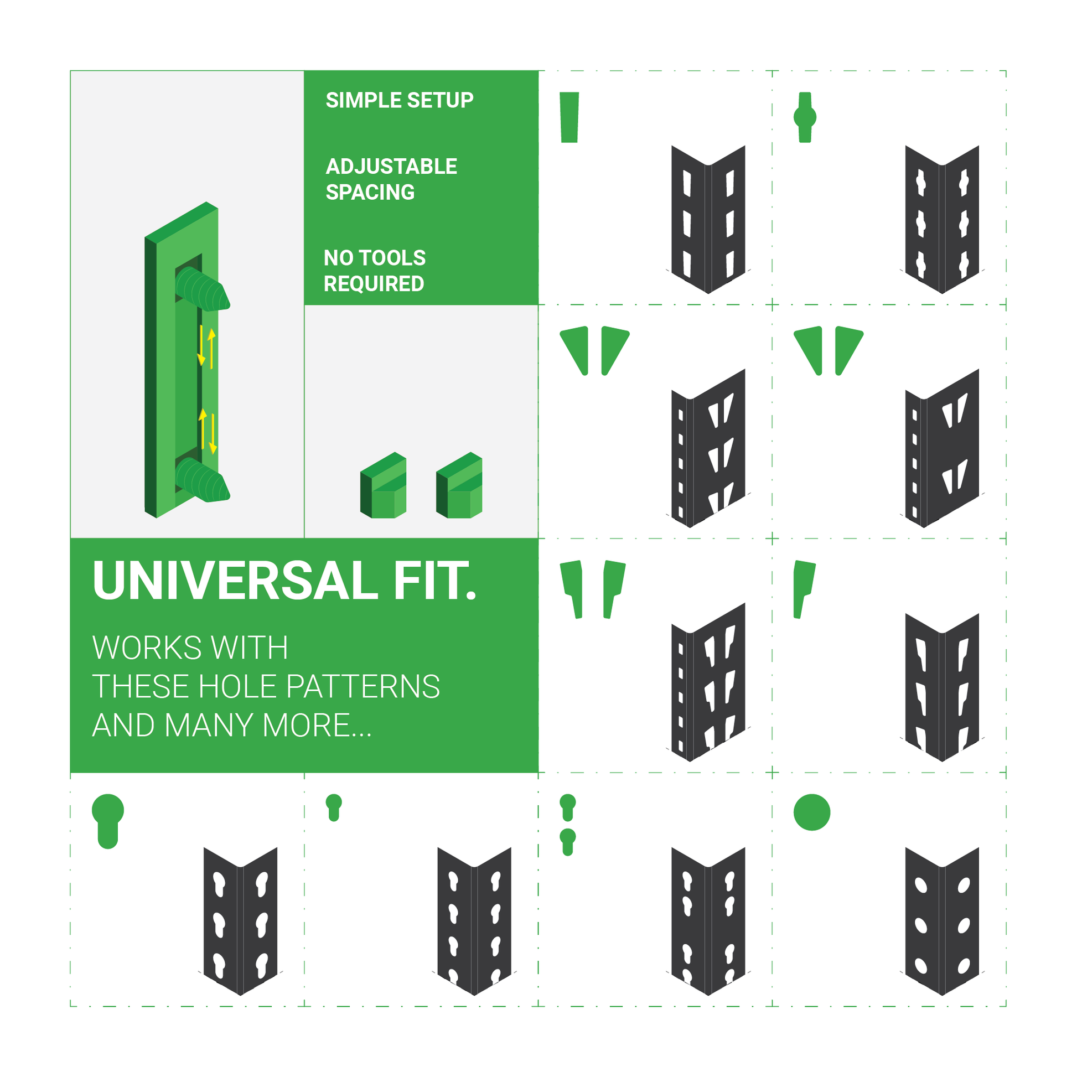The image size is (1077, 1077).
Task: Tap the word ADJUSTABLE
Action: point(391,166)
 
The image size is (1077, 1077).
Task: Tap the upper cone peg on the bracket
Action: point(203,288)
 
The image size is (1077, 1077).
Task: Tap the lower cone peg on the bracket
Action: point(203,480)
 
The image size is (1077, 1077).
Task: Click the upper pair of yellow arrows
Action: point(207,349)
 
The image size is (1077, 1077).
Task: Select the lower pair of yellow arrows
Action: point(208,432)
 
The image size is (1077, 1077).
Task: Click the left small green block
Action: point(383,485)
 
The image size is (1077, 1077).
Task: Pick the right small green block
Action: point(459,485)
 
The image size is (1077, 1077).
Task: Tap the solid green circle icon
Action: point(812,812)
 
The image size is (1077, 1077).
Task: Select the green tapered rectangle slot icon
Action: point(569,117)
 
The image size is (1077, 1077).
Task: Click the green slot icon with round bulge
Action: point(805,117)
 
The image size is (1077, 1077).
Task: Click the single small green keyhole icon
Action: point(334,807)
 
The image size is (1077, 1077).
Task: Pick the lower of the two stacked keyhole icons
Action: point(567,842)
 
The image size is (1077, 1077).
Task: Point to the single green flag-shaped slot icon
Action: point(803,589)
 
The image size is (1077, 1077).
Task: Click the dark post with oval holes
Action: point(942,921)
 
